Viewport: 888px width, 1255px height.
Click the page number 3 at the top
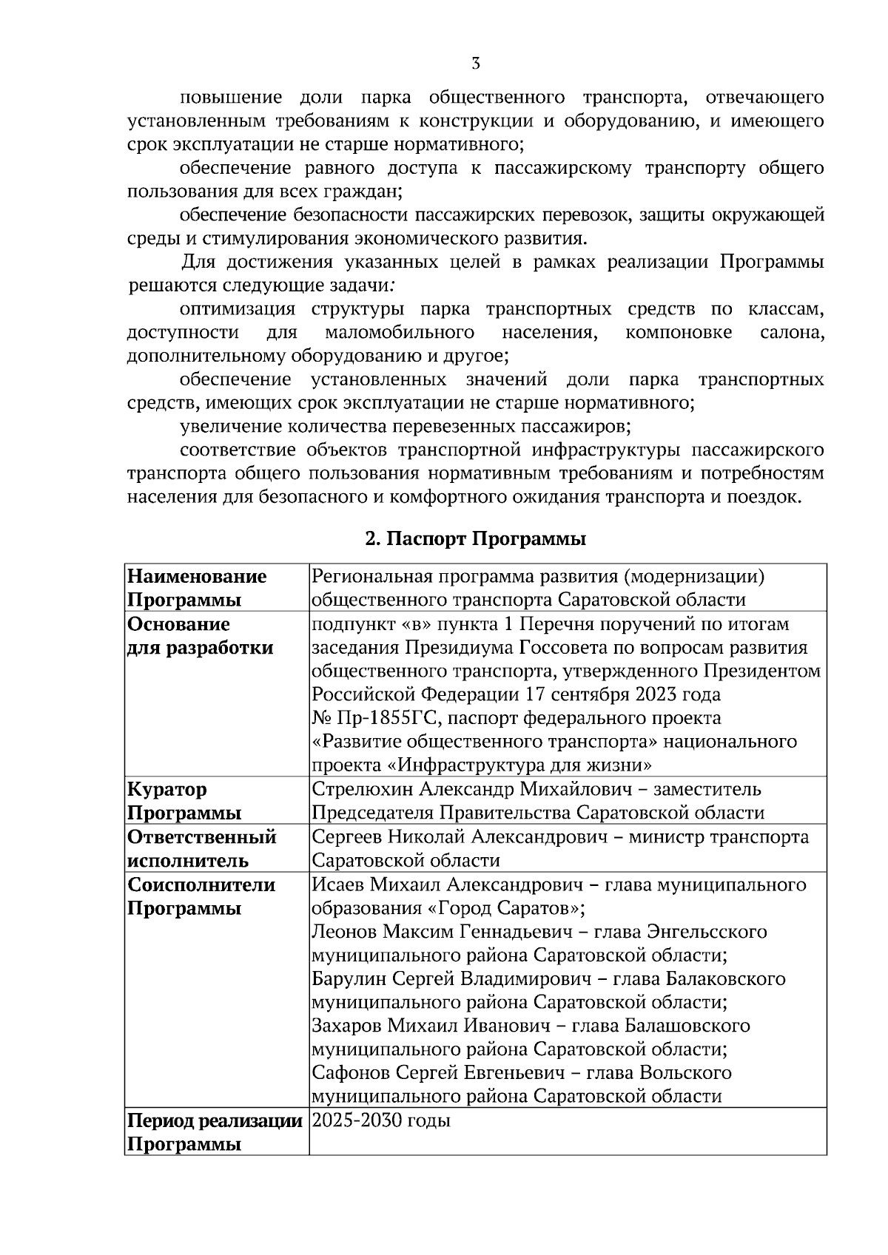click(x=476, y=64)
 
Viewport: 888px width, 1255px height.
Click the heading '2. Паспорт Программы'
click(x=475, y=539)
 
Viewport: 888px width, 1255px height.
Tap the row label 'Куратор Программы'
click(x=184, y=801)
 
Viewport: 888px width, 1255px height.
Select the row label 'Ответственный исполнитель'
click(x=201, y=848)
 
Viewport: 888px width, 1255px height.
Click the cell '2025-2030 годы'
click(x=381, y=1120)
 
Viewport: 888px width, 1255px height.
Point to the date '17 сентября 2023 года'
click(x=623, y=694)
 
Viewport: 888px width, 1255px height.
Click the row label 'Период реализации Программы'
click(x=215, y=1132)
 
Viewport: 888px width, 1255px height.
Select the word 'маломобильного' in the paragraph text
click(x=400, y=333)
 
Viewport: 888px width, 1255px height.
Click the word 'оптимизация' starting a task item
click(x=238, y=309)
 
